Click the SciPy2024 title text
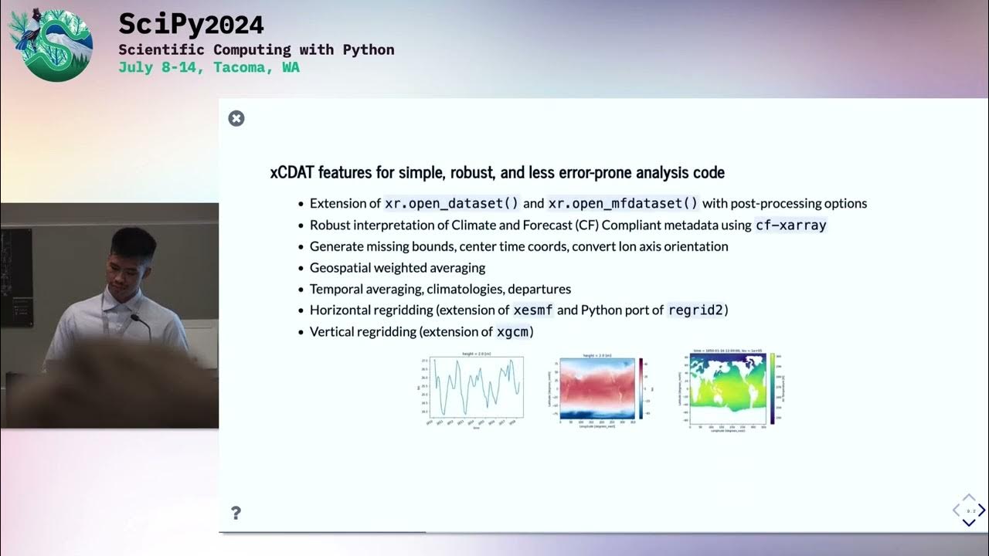pyautogui.click(x=191, y=25)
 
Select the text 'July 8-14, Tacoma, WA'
pyautogui.click(x=209, y=67)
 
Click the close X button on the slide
pyautogui.click(x=236, y=118)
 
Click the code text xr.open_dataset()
pyautogui.click(x=452, y=203)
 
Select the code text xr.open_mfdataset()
pyautogui.click(x=623, y=203)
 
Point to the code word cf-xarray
pyautogui.click(x=790, y=225)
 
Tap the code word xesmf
pyautogui.click(x=534, y=310)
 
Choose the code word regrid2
pyautogui.click(x=695, y=310)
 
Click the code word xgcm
pyautogui.click(x=513, y=331)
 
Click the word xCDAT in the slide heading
pyautogui.click(x=291, y=172)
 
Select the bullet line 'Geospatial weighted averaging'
pyautogui.click(x=397, y=268)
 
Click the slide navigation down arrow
pyautogui.click(x=969, y=522)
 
